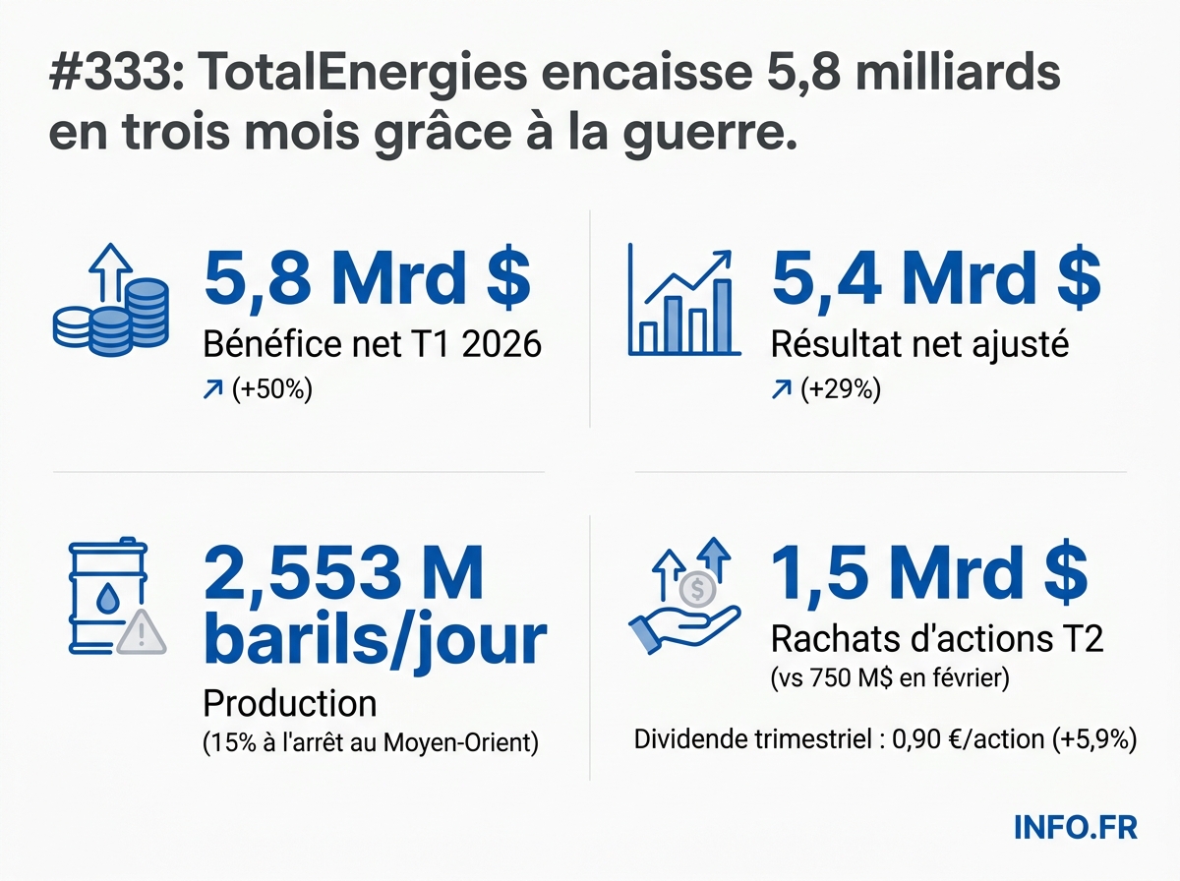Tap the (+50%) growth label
click(x=272, y=390)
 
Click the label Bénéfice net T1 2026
click(x=372, y=345)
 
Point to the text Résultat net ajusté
click(x=919, y=345)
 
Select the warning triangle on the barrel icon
click(x=142, y=633)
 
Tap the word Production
click(x=289, y=703)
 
